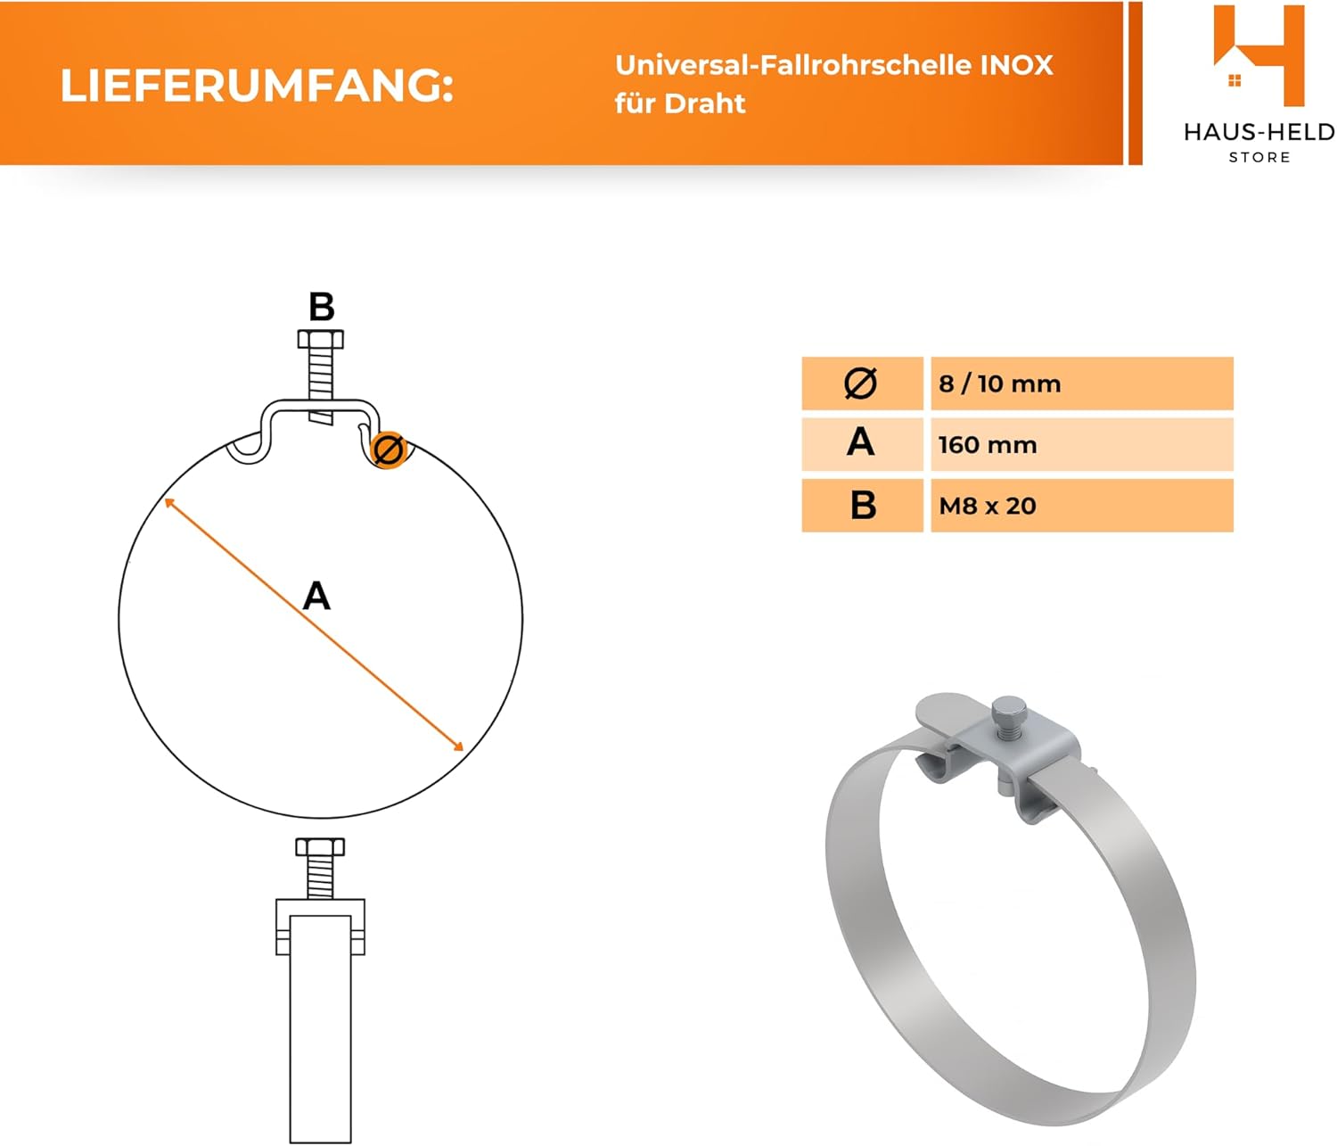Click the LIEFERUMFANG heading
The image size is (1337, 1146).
click(257, 86)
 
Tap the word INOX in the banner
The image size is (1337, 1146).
click(1017, 65)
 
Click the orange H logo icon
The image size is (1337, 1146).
click(1258, 55)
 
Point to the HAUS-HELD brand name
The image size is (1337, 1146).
click(1259, 132)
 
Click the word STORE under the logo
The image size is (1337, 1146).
click(1259, 157)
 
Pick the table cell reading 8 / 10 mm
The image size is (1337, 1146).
click(1081, 383)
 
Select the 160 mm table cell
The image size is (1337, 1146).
click(1081, 444)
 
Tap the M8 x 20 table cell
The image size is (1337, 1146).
click(1081, 506)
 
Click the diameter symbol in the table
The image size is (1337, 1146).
click(861, 383)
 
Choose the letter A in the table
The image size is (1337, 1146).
click(861, 442)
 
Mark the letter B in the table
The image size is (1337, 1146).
click(863, 505)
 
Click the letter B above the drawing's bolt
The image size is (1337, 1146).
click(322, 308)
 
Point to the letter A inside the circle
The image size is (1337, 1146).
click(316, 596)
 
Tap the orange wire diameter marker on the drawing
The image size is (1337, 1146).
click(388, 449)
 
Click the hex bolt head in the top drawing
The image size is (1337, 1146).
click(321, 339)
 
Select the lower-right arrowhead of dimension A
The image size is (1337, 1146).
click(459, 746)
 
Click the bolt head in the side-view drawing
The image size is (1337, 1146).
click(320, 846)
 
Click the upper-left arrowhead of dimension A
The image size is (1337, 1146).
click(169, 503)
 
